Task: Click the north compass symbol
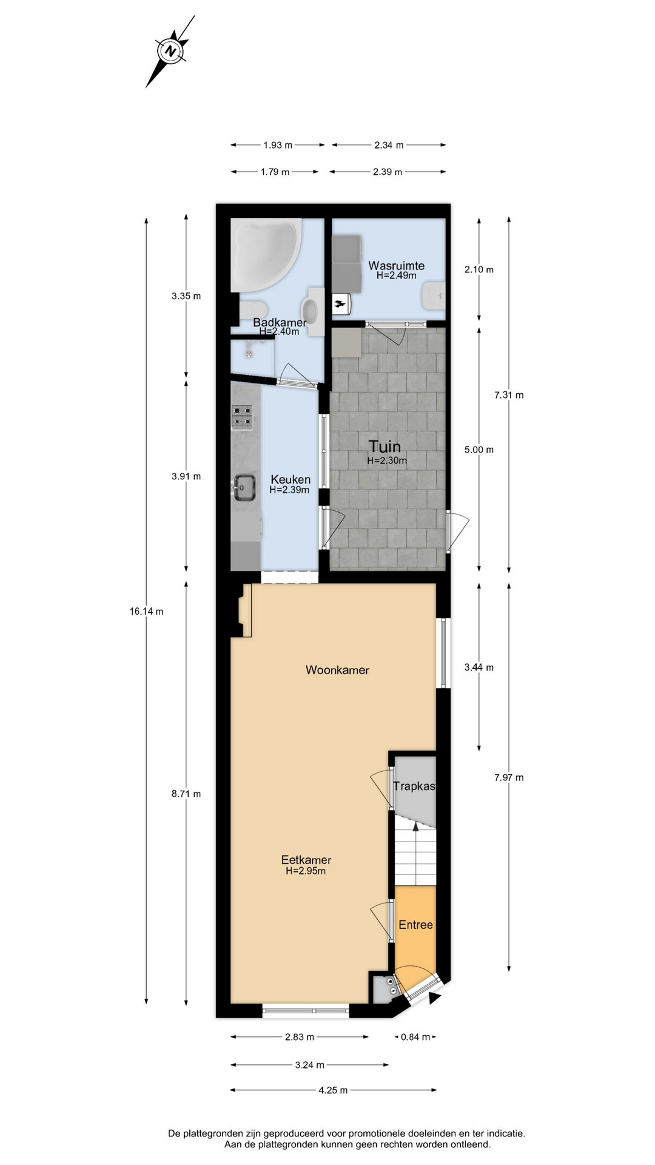click(x=170, y=52)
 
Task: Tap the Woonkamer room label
click(x=337, y=670)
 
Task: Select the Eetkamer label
click(x=306, y=860)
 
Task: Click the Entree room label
click(x=415, y=925)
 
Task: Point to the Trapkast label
click(x=414, y=786)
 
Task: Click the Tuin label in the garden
click(x=385, y=447)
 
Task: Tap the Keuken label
click(x=291, y=479)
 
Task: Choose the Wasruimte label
click(x=397, y=266)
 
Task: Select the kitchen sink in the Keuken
click(x=244, y=487)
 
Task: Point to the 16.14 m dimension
click(x=146, y=612)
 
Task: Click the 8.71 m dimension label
click(x=186, y=794)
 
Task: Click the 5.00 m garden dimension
click(x=479, y=450)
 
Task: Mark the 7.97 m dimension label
click(x=509, y=777)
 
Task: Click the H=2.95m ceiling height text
click(x=306, y=871)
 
